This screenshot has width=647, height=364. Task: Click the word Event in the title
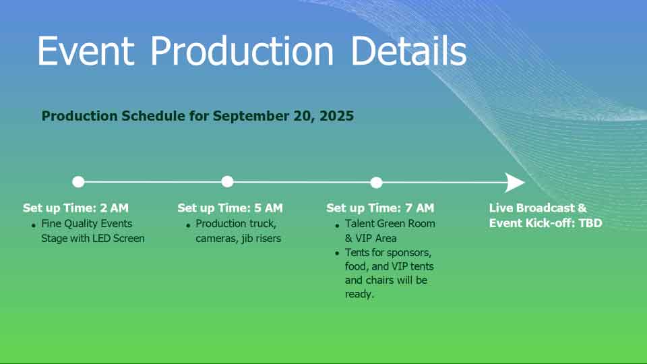86,51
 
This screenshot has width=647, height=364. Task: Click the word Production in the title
242,51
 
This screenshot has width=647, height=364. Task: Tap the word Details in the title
408,51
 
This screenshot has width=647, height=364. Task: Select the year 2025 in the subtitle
337,116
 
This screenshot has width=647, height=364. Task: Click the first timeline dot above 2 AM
78,181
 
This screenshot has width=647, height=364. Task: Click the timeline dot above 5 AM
227,181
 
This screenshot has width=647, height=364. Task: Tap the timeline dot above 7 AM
376,183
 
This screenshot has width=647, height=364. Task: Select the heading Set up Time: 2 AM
76,208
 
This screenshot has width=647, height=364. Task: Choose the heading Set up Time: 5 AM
230,208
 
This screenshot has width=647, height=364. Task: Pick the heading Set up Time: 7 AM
380,208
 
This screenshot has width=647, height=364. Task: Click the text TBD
590,223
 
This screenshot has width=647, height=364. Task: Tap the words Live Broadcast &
538,208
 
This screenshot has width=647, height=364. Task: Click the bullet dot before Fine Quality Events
34,225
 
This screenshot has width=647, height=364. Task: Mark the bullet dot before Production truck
188,225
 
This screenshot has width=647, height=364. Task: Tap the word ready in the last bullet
359,295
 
